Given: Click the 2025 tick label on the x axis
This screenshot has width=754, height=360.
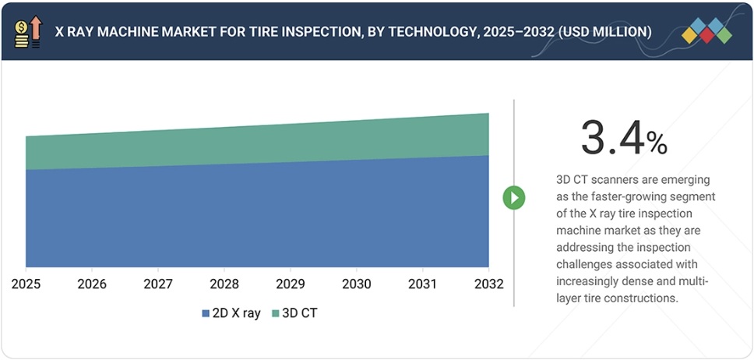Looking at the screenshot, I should [x=26, y=283].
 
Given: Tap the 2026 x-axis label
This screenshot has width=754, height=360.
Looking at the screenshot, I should [x=92, y=283].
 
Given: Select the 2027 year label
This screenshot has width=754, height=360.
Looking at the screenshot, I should [x=158, y=283].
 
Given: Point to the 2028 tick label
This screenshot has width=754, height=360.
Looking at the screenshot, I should [x=224, y=283].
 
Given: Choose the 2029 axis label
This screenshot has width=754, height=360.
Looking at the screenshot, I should [x=291, y=283].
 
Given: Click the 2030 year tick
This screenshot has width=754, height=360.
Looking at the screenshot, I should [x=357, y=283].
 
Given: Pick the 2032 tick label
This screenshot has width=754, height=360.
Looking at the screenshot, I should [x=488, y=283].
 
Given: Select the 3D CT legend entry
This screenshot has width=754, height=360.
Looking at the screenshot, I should [x=294, y=313].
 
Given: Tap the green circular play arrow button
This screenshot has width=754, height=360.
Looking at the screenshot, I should [x=513, y=198].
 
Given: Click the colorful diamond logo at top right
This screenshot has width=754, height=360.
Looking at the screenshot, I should [x=706, y=30].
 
